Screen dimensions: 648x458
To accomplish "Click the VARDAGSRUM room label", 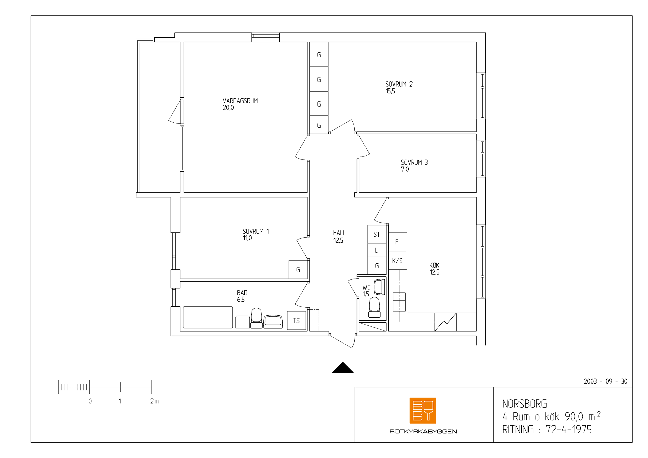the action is [x=240, y=101].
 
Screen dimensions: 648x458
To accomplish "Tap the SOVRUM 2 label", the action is [x=399, y=84].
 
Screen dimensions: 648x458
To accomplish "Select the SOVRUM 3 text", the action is [x=414, y=163].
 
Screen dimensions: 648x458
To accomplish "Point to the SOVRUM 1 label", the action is [x=256, y=231].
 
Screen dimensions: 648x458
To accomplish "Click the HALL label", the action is [x=339, y=233].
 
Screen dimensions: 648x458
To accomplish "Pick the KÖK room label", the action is [x=434, y=265].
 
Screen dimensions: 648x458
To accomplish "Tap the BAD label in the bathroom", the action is [x=242, y=293].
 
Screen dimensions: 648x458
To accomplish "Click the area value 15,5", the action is [x=390, y=91].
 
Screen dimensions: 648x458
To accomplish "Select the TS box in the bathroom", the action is [x=297, y=321].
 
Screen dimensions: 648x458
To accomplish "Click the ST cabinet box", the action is [x=377, y=234].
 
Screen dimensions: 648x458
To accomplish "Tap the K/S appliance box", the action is [x=398, y=261].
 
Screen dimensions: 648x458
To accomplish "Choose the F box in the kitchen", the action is [x=398, y=242].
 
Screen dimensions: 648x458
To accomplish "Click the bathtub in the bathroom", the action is [x=208, y=318].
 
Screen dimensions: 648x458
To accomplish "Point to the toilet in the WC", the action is [x=375, y=307].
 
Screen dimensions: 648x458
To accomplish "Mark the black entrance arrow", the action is [x=343, y=367].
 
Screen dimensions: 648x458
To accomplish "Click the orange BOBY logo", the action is [x=423, y=411].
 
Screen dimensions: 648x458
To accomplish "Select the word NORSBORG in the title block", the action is [x=525, y=404].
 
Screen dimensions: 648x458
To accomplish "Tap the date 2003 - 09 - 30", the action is [x=605, y=382].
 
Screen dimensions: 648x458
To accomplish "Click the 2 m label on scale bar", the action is [x=154, y=401].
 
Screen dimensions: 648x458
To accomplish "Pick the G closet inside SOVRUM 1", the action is [x=298, y=270].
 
